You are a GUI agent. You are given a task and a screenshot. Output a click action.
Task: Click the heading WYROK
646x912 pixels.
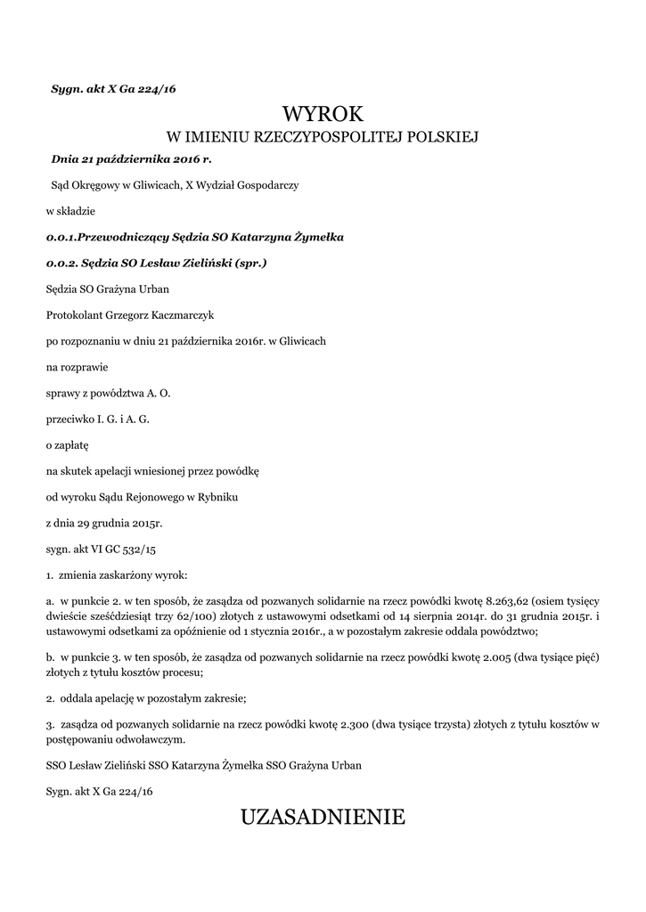point(323,114)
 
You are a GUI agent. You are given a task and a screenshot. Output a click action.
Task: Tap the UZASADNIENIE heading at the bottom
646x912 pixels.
point(323,816)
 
